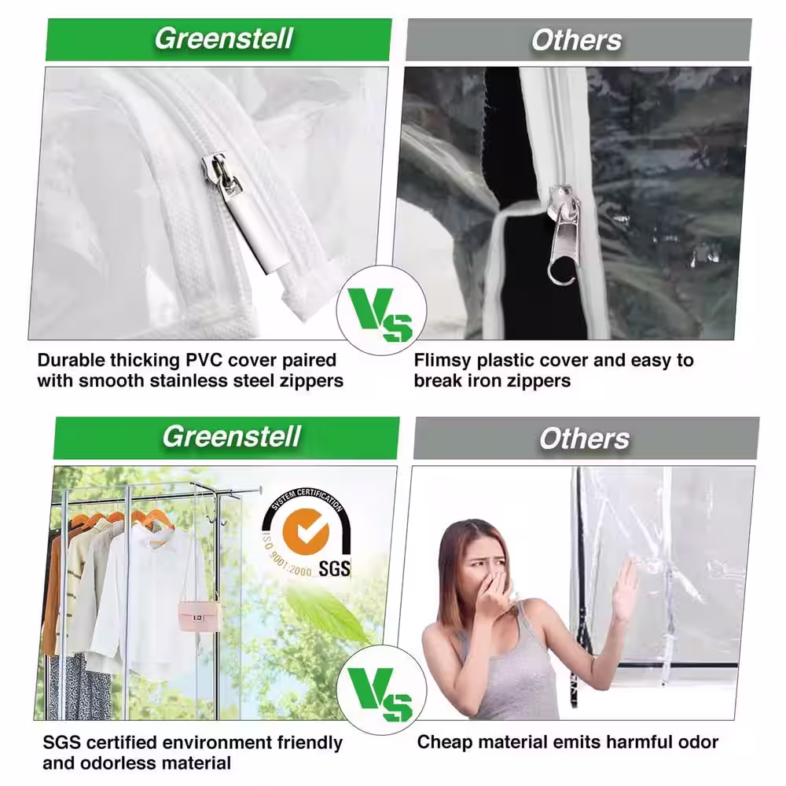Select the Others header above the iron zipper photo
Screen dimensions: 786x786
pyautogui.click(x=578, y=40)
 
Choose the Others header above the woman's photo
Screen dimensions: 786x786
pyautogui.click(x=586, y=439)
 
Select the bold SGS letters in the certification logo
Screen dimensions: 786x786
pyautogui.click(x=335, y=567)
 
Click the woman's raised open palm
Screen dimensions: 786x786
pyautogui.click(x=625, y=589)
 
